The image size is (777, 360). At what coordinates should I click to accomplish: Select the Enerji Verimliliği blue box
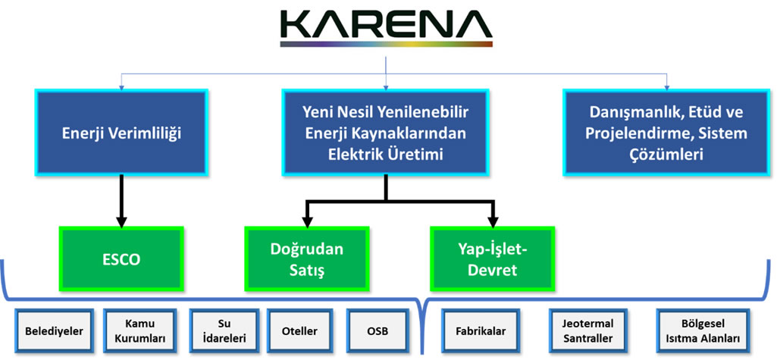pyautogui.click(x=121, y=133)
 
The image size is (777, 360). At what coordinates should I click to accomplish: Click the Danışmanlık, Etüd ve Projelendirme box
pyautogui.click(x=667, y=133)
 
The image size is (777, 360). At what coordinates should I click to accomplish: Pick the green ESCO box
pyautogui.click(x=121, y=260)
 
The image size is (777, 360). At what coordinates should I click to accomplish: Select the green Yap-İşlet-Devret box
pyautogui.click(x=493, y=260)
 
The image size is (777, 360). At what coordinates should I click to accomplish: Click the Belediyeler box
pyautogui.click(x=54, y=331)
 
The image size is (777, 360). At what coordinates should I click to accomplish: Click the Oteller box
pyautogui.click(x=299, y=331)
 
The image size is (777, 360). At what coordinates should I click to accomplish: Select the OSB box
pyautogui.click(x=378, y=331)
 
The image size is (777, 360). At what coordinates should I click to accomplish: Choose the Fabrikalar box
pyautogui.click(x=481, y=331)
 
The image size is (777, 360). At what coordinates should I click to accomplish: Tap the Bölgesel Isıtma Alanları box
pyautogui.click(x=700, y=331)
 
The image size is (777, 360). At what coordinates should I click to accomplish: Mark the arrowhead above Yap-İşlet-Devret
pyautogui.click(x=493, y=221)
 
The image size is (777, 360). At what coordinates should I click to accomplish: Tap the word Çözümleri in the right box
pyautogui.click(x=667, y=155)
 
